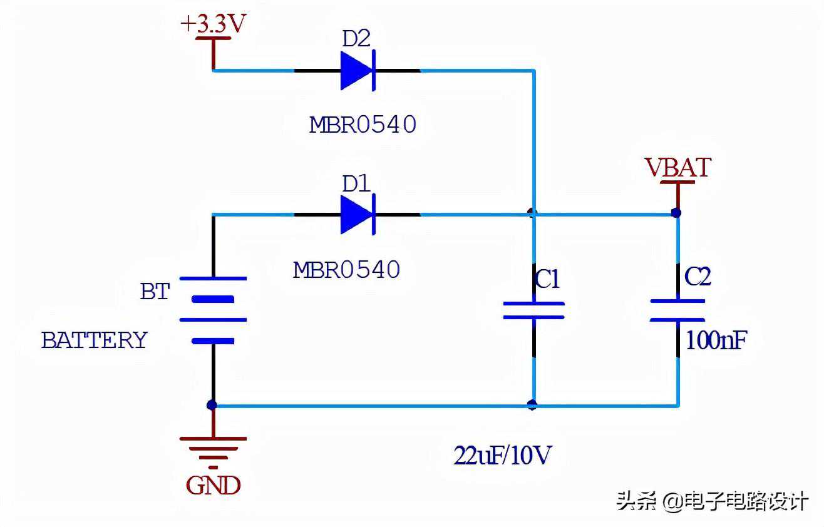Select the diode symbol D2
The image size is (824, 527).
[358, 70]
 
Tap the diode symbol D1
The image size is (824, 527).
[358, 214]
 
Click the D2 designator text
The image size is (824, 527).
[356, 39]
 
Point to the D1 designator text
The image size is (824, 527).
[356, 184]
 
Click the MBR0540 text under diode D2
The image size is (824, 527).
[363, 125]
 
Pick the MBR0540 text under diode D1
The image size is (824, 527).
[346, 270]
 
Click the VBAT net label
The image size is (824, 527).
[678, 168]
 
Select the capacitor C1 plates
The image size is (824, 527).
[533, 310]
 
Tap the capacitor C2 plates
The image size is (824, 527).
[678, 310]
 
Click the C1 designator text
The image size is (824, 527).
[547, 280]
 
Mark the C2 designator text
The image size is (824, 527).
[698, 277]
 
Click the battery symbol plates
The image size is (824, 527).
[213, 310]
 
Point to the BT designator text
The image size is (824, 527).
[155, 291]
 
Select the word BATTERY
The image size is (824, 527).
[94, 340]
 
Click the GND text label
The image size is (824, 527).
[213, 486]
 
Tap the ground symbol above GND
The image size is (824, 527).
[213, 448]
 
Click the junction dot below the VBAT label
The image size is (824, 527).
[676, 213]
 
